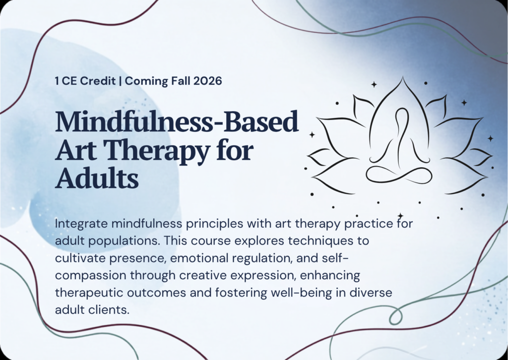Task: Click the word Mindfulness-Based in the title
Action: (x=177, y=121)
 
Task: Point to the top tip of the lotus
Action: (x=403, y=77)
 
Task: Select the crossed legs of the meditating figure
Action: (x=399, y=175)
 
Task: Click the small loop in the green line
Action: (x=395, y=316)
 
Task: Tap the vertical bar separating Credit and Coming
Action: (x=121, y=81)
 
